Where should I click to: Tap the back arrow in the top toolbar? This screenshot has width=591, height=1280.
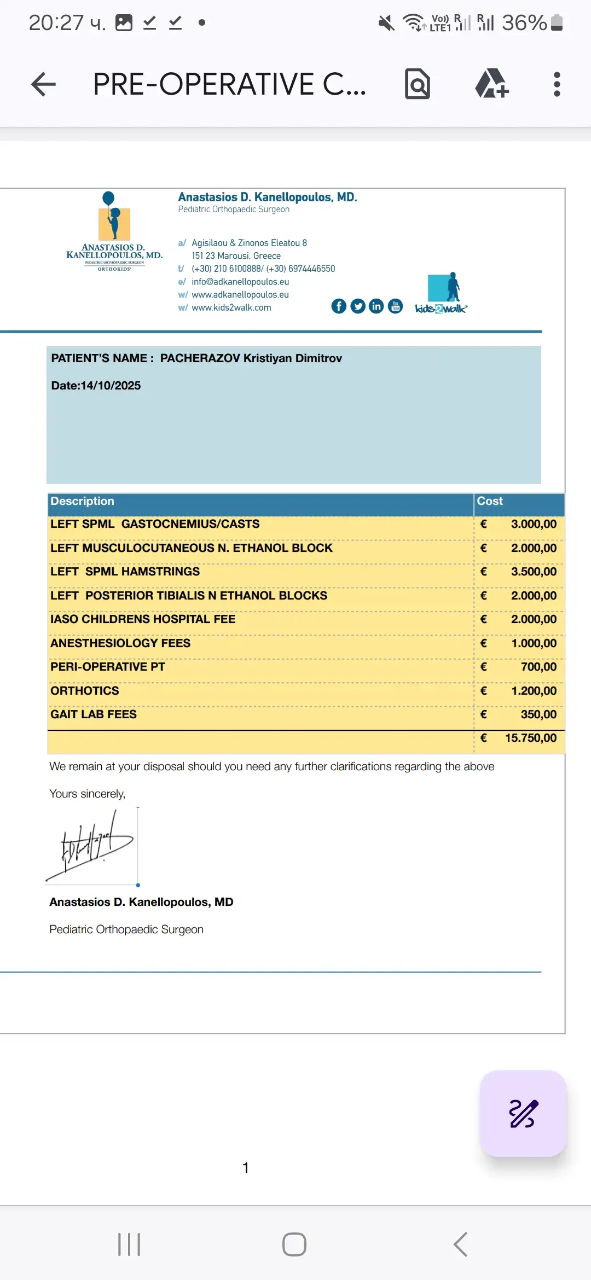[44, 84]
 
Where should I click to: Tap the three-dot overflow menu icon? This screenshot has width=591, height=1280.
[557, 84]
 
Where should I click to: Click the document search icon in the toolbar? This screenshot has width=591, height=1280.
[418, 84]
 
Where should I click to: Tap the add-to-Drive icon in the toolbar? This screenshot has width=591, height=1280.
[491, 84]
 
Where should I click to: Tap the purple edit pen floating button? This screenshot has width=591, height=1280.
[523, 1114]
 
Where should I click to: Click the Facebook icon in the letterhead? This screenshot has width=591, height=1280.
[339, 306]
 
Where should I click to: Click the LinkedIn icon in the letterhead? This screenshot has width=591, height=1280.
[376, 306]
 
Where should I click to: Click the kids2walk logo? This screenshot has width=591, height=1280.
[442, 294]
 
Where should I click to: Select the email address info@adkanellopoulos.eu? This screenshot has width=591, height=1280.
[240, 282]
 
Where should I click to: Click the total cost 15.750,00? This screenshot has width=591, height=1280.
[530, 738]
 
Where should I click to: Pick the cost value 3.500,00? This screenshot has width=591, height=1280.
[534, 572]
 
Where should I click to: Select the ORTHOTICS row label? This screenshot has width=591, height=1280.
[85, 691]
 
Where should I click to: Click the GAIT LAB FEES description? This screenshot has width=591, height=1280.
[94, 714]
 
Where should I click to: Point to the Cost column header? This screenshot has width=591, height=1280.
[490, 501]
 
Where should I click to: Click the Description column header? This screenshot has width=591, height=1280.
[83, 501]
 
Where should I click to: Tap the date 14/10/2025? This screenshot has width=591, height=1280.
[111, 386]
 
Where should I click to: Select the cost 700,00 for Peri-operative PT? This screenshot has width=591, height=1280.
[538, 667]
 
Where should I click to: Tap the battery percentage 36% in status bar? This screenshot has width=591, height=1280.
[524, 23]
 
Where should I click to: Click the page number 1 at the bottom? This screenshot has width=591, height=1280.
[246, 1168]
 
